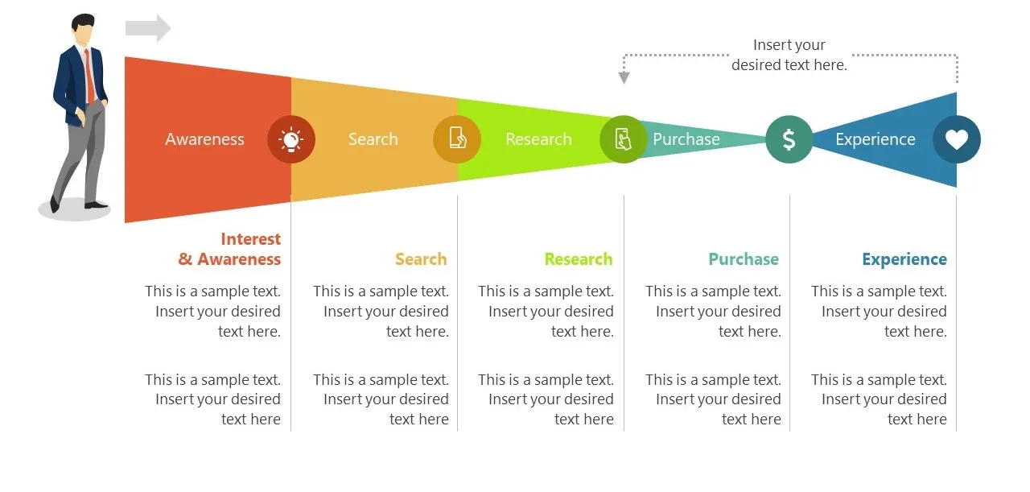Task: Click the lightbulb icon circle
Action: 291,139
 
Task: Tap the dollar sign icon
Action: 789,139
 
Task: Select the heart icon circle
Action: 956,139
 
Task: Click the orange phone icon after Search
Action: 457,139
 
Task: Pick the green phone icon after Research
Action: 623,139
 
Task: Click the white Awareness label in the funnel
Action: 204,139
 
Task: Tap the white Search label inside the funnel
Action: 373,139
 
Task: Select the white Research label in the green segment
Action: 538,139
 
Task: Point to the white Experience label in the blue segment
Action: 875,139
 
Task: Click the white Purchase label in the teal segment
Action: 686,139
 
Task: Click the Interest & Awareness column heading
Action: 230,249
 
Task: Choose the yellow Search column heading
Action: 421,259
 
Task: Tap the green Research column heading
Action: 578,259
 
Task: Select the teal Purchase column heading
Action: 744,259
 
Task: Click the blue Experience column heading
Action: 904,259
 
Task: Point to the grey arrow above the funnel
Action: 148,28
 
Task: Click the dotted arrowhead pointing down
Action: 624,77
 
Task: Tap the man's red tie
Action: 89,76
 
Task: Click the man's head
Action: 83,29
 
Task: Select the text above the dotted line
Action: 789,55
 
